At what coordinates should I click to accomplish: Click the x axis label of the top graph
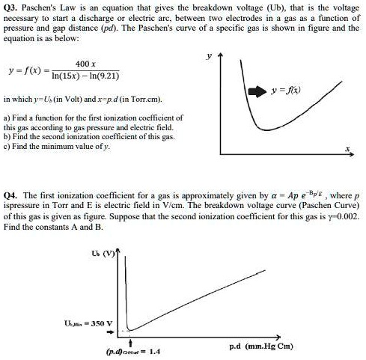(347, 149)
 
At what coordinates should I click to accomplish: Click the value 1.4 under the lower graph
(153, 350)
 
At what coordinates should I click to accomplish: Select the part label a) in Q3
(7, 118)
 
